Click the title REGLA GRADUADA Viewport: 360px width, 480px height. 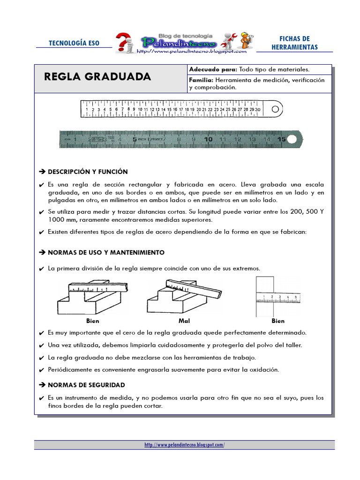tap(97, 77)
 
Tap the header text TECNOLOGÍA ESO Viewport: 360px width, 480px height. tap(74, 43)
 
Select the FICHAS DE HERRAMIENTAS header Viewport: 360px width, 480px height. tap(294, 43)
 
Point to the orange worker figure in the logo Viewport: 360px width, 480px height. tap(245, 41)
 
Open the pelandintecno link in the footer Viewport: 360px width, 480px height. tap(184, 445)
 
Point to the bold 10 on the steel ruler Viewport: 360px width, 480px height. tap(208, 139)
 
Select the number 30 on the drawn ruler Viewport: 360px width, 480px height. tap(258, 109)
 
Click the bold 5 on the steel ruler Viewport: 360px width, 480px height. tap(135, 139)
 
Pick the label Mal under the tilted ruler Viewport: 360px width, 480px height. tap(184, 321)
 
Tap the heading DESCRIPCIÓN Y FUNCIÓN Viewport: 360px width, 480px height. tap(88, 172)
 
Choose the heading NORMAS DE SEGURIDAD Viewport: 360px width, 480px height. tap(86, 385)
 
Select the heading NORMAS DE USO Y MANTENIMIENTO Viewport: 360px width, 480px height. tap(106, 252)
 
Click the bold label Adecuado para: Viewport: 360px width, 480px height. tap(213, 69)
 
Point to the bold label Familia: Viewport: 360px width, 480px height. tap(201, 80)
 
